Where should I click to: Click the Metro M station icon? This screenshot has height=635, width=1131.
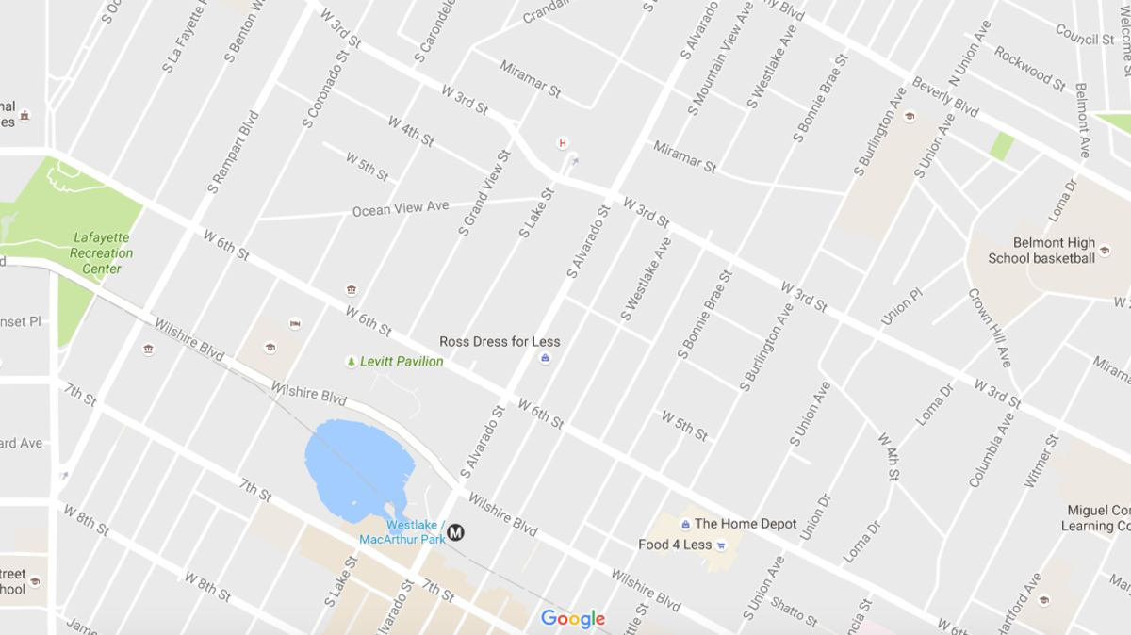456,532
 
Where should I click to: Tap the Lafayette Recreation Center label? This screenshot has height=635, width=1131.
102,253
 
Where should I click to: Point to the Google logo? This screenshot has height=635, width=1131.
572,619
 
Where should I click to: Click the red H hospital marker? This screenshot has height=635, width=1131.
563,143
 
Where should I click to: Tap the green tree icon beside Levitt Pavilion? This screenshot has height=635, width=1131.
351,362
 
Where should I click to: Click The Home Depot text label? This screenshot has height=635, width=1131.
746,524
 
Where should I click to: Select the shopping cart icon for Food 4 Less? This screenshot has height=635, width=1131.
721,545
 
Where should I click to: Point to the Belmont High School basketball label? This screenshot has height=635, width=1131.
1041,251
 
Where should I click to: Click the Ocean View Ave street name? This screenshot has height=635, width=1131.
401,208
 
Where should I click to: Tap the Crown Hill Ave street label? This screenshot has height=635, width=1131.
990,327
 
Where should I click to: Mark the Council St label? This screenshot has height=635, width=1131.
1085,35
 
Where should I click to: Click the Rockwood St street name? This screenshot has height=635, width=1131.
1029,66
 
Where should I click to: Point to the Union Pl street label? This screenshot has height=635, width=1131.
902,308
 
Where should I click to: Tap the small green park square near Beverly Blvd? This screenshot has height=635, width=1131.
1002,145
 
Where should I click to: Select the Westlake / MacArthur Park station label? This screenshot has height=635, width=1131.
402,532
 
